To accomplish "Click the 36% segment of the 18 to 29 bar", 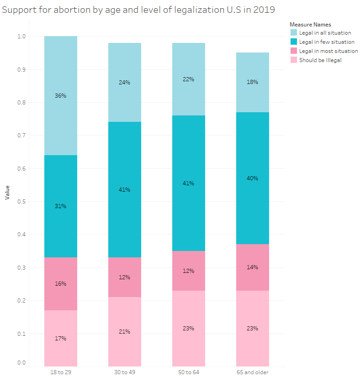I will (61, 96).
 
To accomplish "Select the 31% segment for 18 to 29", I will (61, 206).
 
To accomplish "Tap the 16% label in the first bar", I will (61, 283).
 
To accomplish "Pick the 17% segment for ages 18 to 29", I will (61, 338).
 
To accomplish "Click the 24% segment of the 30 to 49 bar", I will (125, 83).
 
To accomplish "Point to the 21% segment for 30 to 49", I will (125, 331).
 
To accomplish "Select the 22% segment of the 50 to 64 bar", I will (189, 79).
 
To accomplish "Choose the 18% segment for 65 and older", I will (253, 82).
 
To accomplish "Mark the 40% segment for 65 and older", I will (253, 178).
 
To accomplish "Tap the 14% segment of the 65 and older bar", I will (253, 267).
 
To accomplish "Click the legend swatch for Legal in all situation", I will (293, 33).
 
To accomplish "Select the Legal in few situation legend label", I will (327, 42).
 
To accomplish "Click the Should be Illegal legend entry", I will (320, 60).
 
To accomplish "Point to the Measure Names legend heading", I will (310, 25).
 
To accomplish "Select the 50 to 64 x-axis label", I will (189, 372).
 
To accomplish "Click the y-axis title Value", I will (7, 192).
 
